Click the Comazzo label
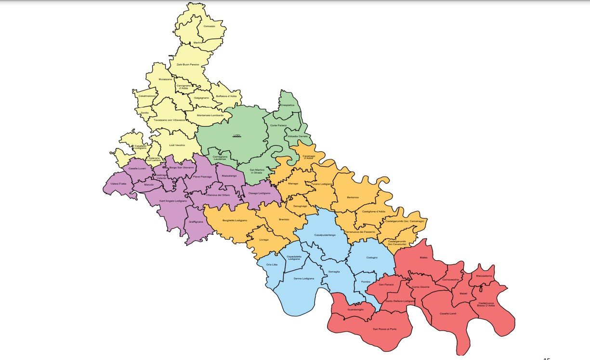tap(209, 26)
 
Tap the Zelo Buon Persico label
tap(187, 64)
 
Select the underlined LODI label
tap(236, 135)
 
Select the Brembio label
tap(284, 220)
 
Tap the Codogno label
tap(372, 257)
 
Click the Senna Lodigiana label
tap(304, 279)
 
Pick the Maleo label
tap(423, 258)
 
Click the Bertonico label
tap(354, 198)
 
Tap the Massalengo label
tap(229, 176)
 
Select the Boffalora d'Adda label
tap(226, 96)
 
